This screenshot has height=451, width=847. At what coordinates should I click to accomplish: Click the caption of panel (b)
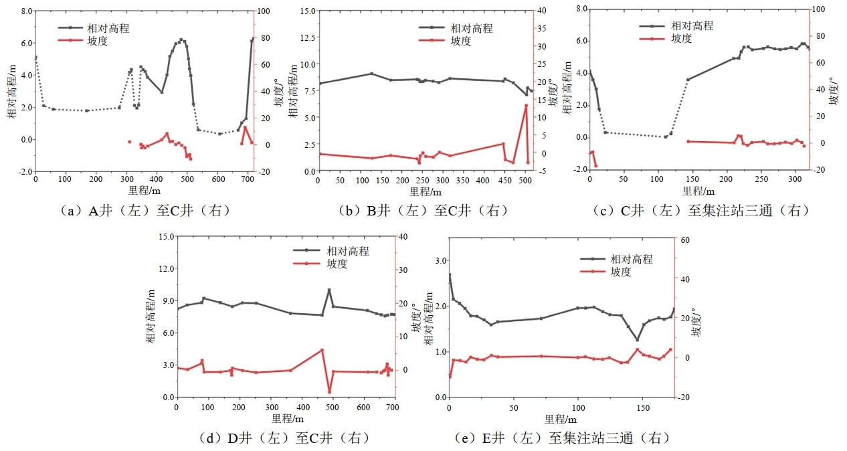tap(423, 210)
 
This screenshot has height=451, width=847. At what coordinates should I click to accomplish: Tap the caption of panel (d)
tap(284, 438)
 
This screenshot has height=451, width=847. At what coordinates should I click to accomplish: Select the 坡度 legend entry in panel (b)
tap(460, 41)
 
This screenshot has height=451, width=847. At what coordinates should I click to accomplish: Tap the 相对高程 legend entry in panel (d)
tap(347, 251)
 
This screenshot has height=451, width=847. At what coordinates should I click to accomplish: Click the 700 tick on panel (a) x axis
tap(247, 179)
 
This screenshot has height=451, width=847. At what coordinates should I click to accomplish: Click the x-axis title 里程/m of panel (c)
tap(698, 190)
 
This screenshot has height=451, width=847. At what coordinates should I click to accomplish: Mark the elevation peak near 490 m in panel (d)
tap(329, 290)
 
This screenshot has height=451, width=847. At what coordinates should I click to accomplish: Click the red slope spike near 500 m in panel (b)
tap(526, 106)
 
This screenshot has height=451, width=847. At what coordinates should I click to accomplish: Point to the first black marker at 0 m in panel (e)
tap(450, 275)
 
